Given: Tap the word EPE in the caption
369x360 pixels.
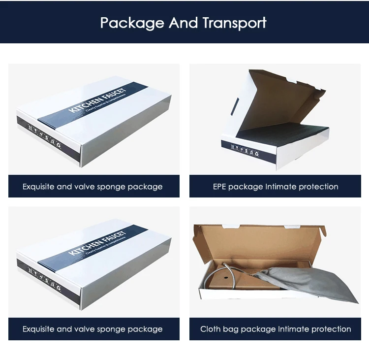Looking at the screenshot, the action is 221,187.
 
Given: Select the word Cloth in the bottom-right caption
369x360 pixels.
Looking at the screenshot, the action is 210,329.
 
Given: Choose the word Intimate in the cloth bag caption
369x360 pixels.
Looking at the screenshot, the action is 295,329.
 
